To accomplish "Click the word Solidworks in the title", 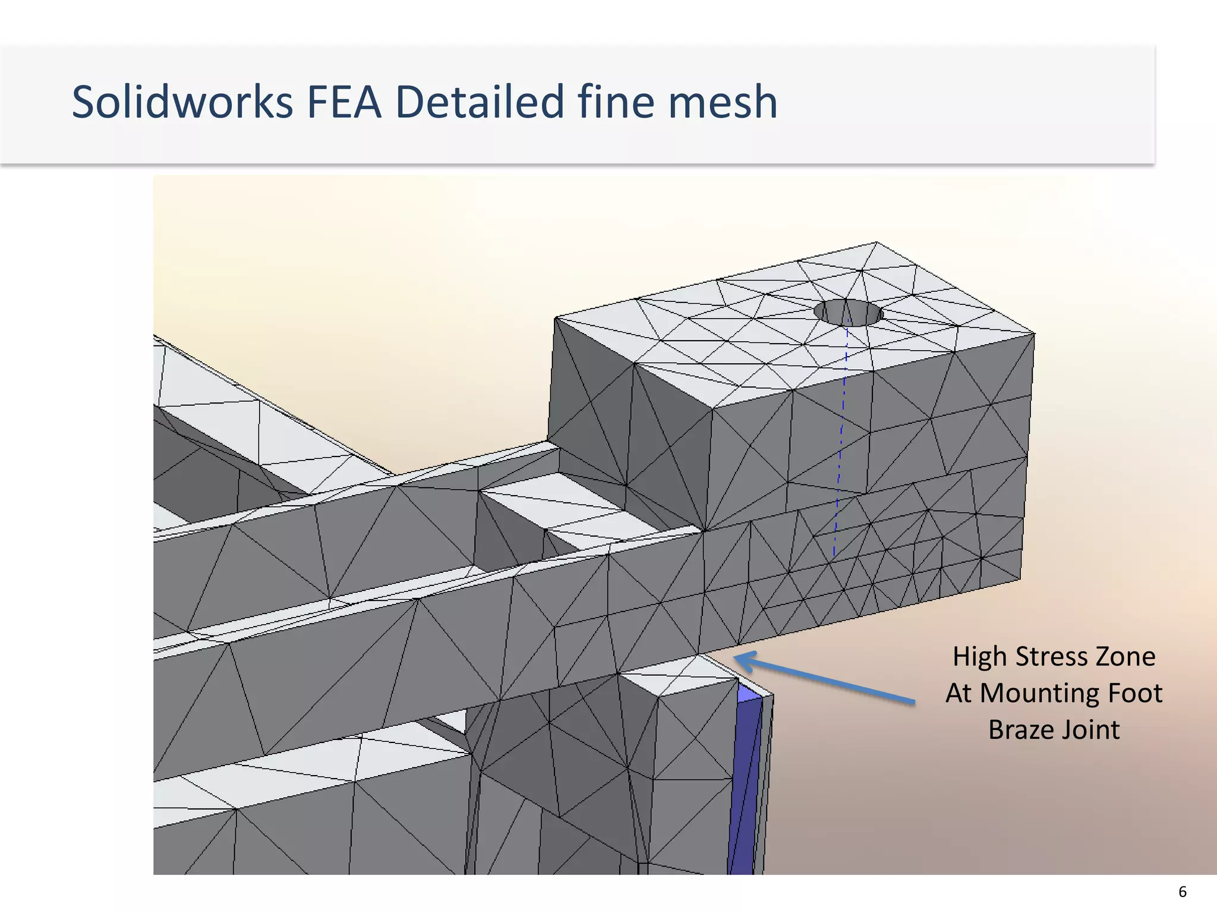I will (182, 102).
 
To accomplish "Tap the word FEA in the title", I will (343, 102).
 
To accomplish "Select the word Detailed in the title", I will (479, 102).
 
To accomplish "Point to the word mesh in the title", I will (723, 102).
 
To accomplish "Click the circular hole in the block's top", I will (848, 313).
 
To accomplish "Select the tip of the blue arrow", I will (737, 657).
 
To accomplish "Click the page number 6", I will (1183, 892).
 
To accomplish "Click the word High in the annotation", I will (980, 657).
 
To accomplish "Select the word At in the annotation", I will (959, 693).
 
